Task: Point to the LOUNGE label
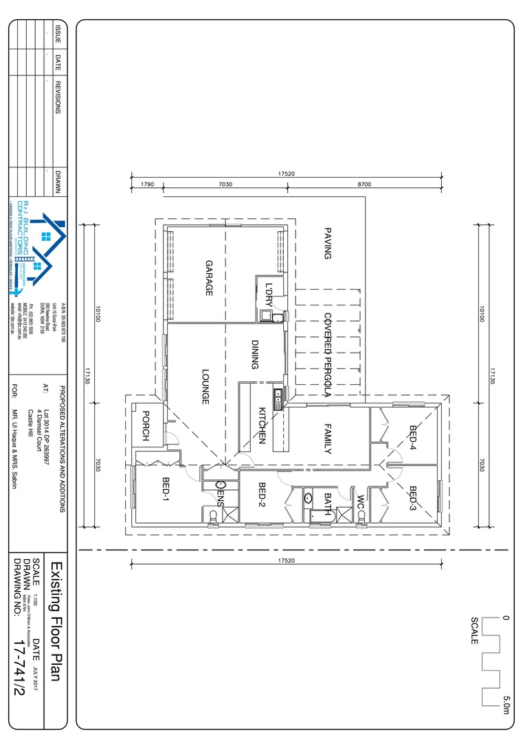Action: click(205, 387)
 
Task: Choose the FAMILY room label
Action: click(328, 439)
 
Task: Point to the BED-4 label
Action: click(413, 438)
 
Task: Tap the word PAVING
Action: click(328, 244)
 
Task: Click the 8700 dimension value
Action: click(364, 185)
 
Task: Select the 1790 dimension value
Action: click(146, 185)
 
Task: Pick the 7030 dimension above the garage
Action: click(225, 185)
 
